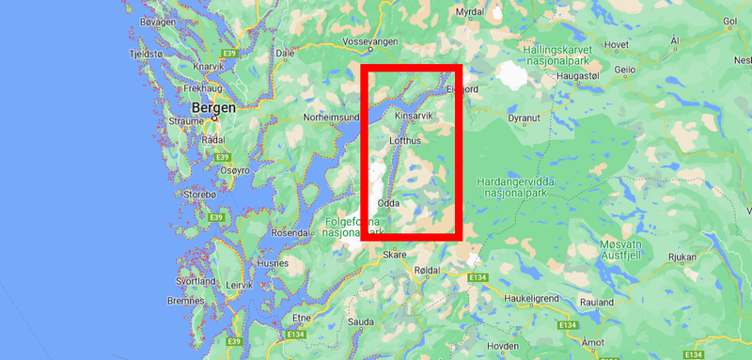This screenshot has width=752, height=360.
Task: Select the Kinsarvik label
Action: click(414, 116)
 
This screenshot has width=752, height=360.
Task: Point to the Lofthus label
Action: click(406, 140)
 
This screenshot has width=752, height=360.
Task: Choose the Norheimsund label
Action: click(332, 117)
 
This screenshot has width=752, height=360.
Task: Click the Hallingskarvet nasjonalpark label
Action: click(572, 51)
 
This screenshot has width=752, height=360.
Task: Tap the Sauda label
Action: click(360, 321)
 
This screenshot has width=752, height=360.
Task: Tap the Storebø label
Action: click(200, 195)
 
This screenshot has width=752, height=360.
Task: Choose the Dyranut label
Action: click(524, 118)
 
